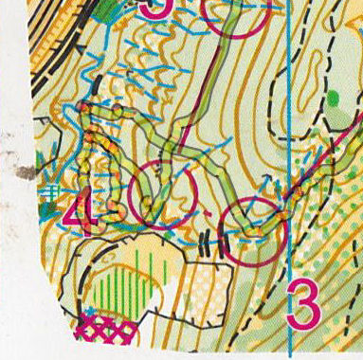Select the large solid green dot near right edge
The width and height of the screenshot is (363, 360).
(x=334, y=98)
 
